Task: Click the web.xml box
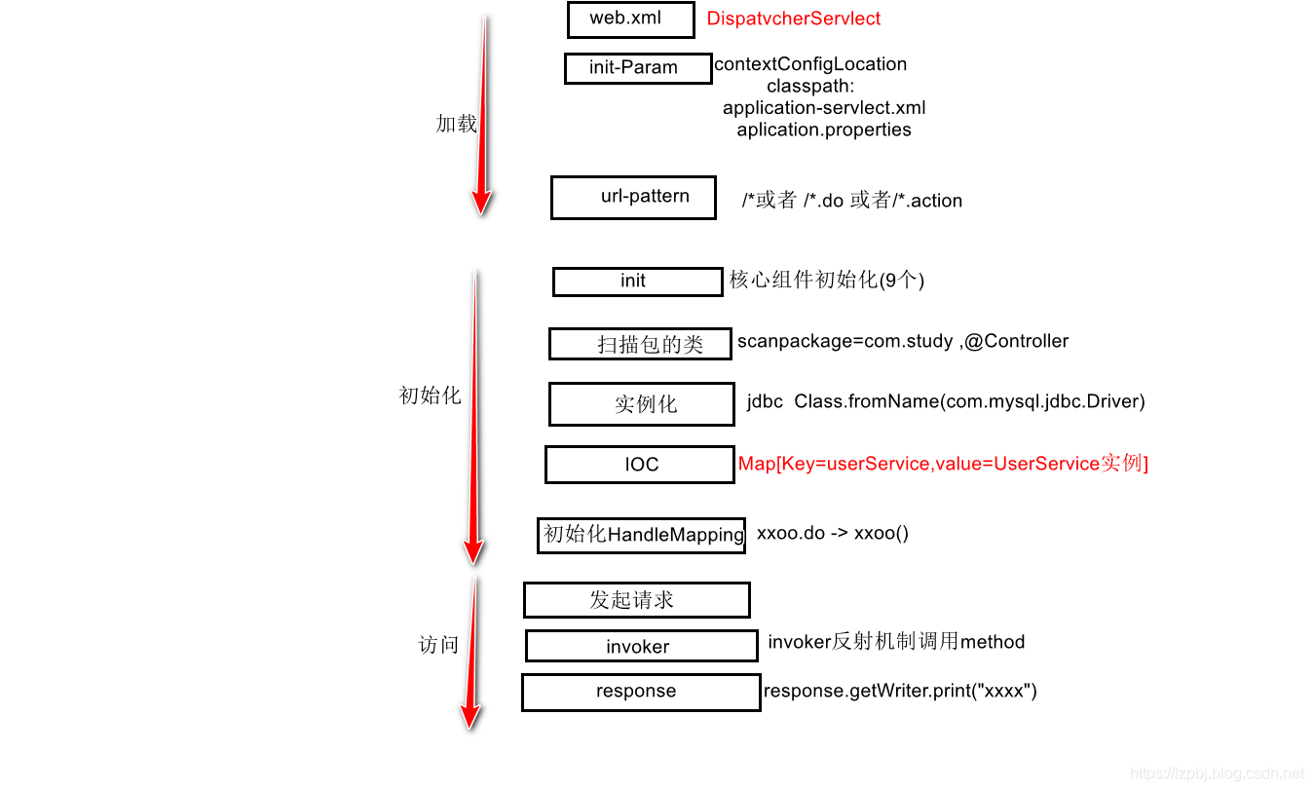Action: pyautogui.click(x=630, y=19)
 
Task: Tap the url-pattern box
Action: pyautogui.click(x=633, y=197)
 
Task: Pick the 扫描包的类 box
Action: pyautogui.click(x=640, y=344)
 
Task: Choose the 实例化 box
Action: pyautogui.click(x=641, y=404)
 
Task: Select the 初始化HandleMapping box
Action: pyautogui.click(x=641, y=535)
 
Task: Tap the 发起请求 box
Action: pyautogui.click(x=636, y=600)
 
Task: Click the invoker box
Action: pyautogui.click(x=641, y=646)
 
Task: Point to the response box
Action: pyautogui.click(x=640, y=692)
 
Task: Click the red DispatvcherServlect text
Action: pyautogui.click(x=793, y=19)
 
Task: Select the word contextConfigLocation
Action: pyautogui.click(x=810, y=64)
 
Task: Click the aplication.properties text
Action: pyautogui.click(x=824, y=130)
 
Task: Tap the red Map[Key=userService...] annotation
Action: pyautogui.click(x=943, y=464)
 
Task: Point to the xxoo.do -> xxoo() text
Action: pyautogui.click(x=832, y=533)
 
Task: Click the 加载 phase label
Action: pyautogui.click(x=456, y=124)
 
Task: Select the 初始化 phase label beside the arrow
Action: pyautogui.click(x=430, y=395)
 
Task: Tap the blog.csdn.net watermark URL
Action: pyautogui.click(x=1217, y=772)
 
